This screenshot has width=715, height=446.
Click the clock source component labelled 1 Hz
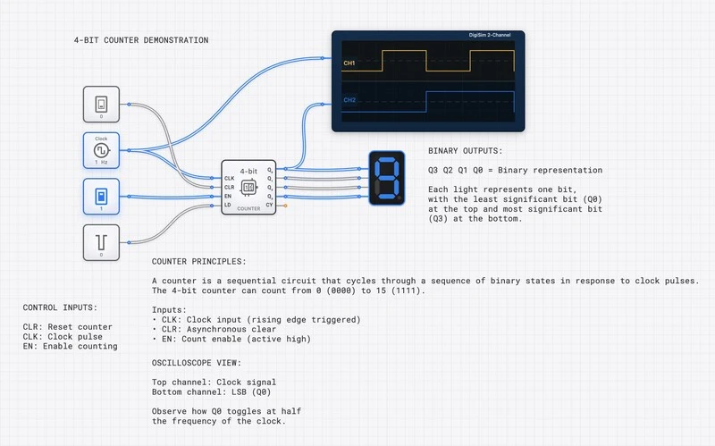point(101,148)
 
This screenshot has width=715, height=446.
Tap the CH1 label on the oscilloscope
point(349,63)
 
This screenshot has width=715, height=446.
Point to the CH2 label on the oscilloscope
point(349,100)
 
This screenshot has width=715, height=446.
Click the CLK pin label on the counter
point(230,179)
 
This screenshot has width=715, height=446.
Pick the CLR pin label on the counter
point(230,188)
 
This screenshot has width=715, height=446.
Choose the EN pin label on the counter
point(229,197)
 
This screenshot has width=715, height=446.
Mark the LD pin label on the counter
point(228,206)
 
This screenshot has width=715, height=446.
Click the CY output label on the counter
point(270,206)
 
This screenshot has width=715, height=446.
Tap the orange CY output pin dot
point(285,206)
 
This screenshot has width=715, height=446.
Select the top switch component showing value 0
point(101,104)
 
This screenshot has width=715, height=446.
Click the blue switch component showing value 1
point(101,196)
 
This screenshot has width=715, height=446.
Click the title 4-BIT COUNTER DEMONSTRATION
point(141,40)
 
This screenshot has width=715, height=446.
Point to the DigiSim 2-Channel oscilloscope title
point(490,36)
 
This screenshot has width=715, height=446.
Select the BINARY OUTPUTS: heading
point(465,151)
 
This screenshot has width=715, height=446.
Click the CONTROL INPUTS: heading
point(67,307)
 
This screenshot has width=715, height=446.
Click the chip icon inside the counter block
point(249,189)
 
